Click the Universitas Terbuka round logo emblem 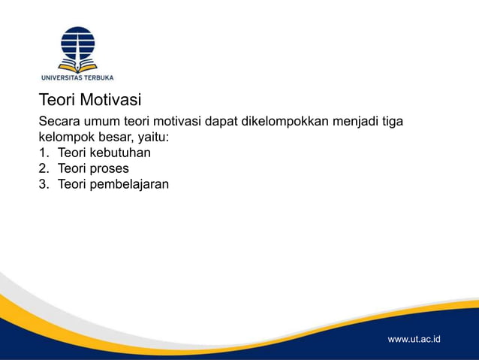coord(77,47)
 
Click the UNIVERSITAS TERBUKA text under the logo coord(77,77)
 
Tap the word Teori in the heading coord(57,100)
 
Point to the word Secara coord(59,122)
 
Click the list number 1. coord(43,153)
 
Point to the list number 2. coord(43,168)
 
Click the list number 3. coord(43,183)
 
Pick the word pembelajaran coord(130,183)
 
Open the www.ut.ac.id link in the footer coord(414,340)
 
